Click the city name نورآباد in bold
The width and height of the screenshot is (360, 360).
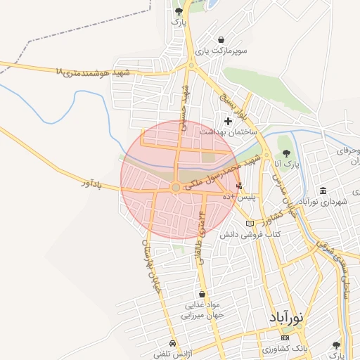[x=285, y=318]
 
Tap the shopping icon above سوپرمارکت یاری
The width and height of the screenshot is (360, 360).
[x=222, y=39]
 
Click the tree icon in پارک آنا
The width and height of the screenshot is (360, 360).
[x=285, y=153]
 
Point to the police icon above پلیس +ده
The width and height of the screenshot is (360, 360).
[x=240, y=186]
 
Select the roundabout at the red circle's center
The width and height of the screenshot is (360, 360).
[x=175, y=187]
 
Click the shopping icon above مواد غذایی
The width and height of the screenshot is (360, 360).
[x=202, y=295]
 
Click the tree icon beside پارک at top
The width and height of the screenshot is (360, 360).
[x=179, y=11]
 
